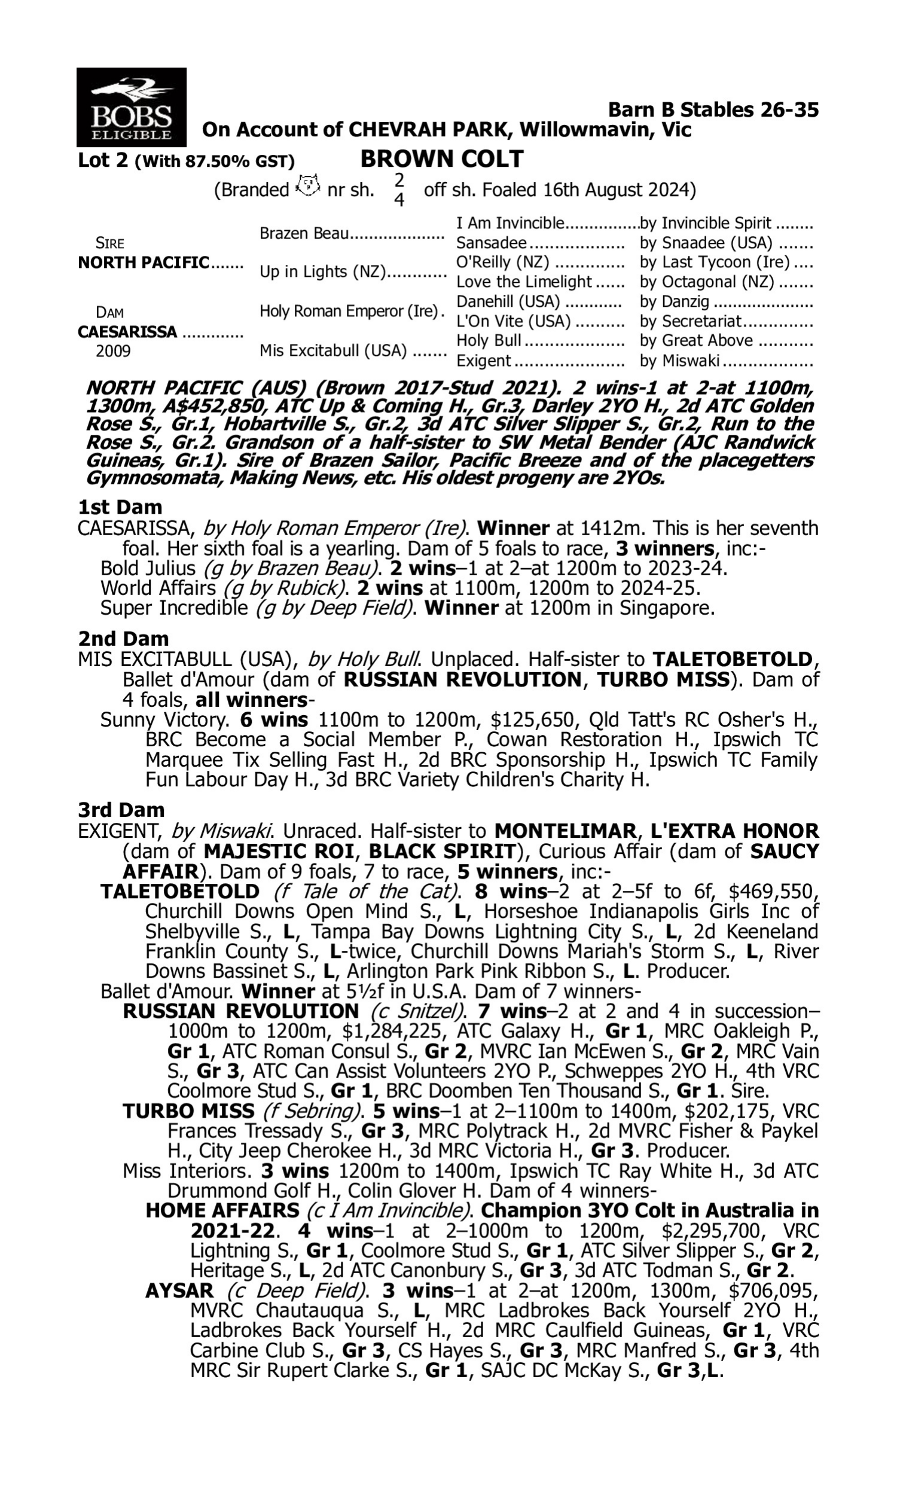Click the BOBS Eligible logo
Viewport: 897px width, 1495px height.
coord(131,107)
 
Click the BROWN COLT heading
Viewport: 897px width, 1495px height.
coord(442,159)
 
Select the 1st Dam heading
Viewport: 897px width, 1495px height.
coord(120,507)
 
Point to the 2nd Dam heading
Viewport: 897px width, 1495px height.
coord(123,638)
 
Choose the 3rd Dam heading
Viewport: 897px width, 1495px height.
coord(121,809)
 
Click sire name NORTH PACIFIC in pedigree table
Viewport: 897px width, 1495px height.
coord(144,263)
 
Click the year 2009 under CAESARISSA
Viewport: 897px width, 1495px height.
coord(113,351)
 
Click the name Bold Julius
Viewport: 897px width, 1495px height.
coord(148,569)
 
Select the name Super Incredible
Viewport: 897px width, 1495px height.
coord(174,608)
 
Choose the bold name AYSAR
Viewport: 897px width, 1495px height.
coord(179,1290)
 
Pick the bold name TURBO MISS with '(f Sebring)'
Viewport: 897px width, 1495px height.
coord(188,1110)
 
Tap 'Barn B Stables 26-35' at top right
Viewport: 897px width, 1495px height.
coord(713,109)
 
